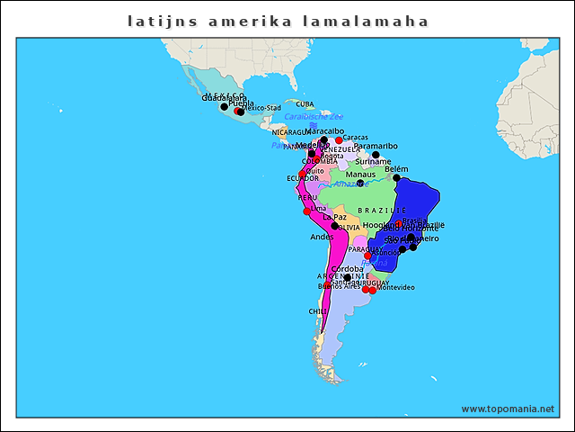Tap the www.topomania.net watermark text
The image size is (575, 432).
[508, 409]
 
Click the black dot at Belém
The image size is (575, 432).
[396, 177]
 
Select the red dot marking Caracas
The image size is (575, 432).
[339, 140]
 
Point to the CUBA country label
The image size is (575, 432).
[305, 104]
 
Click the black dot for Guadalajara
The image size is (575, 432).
[224, 106]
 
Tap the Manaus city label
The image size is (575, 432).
[360, 175]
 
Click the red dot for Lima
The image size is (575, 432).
[306, 211]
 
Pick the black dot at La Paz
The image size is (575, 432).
[335, 225]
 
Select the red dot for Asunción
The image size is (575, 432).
[367, 256]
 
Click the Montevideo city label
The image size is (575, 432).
[395, 287]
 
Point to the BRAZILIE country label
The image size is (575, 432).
[382, 210]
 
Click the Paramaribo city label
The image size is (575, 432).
[375, 146]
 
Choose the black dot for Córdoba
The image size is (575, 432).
[347, 277]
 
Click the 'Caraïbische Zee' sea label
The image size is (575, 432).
[314, 117]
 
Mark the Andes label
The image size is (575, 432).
[321, 237]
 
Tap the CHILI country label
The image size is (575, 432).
[318, 311]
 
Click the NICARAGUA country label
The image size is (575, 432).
[290, 132]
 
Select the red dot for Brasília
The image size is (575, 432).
[399, 222]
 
